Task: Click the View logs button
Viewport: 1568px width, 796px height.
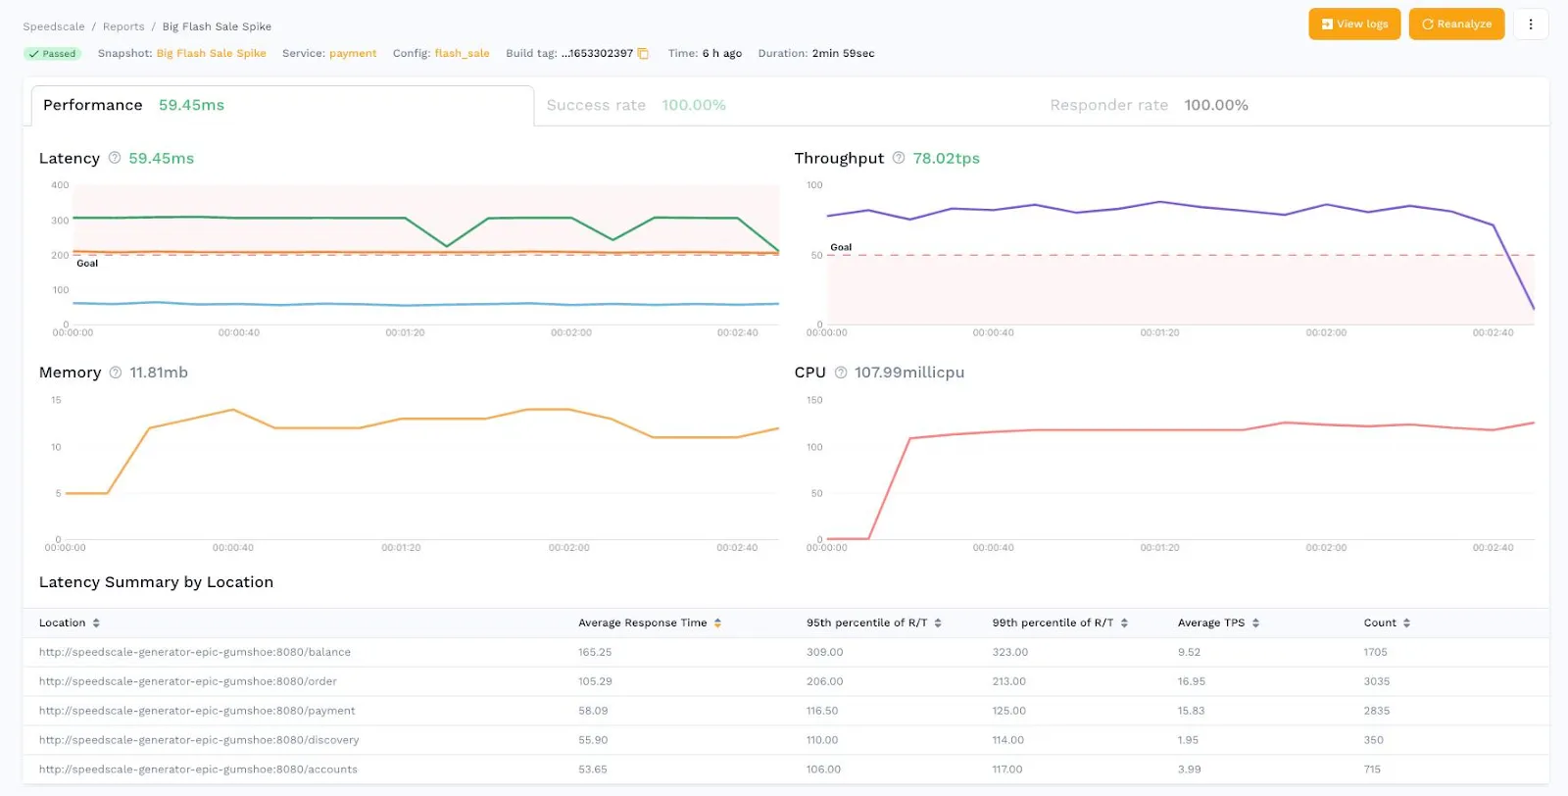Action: (1353, 25)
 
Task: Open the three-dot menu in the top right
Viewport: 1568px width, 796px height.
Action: (1530, 25)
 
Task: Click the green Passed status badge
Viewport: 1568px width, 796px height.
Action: (52, 54)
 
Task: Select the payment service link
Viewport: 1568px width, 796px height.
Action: (353, 54)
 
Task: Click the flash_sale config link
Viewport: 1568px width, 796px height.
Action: (462, 54)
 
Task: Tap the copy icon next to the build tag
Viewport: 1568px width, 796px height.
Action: (643, 54)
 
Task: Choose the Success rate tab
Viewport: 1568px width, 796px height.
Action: (635, 105)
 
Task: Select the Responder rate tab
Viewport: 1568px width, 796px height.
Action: (1148, 105)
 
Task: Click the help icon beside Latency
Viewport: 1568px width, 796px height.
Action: (115, 158)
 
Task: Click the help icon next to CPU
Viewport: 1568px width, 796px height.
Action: (840, 373)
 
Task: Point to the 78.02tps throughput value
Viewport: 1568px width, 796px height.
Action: (946, 158)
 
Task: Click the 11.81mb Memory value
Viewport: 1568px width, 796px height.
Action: (159, 373)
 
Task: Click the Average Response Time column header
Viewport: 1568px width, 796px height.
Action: (642, 623)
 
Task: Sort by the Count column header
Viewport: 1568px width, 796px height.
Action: (1380, 623)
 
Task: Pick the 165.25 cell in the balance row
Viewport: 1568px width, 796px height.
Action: (595, 652)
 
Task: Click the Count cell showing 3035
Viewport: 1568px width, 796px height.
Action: (1376, 681)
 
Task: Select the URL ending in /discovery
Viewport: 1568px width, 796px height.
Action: (199, 740)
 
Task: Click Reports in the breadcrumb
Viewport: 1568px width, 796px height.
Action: (123, 26)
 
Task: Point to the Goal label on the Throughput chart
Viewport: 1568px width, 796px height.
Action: (841, 247)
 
